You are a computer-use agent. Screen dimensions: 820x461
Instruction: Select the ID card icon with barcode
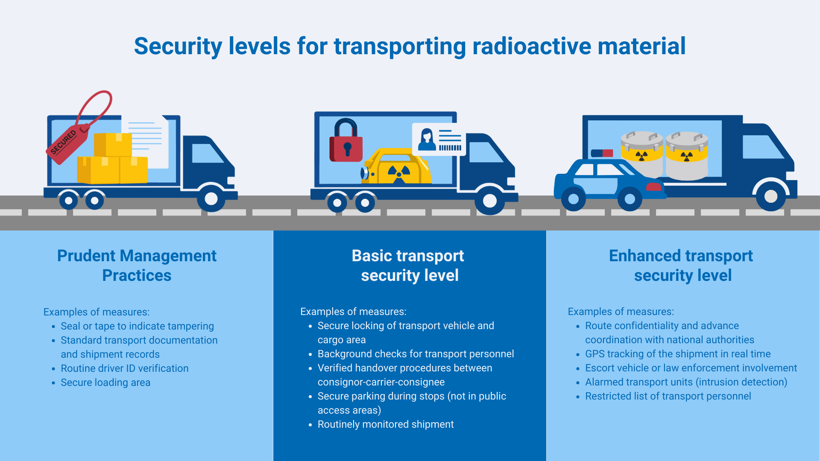439,140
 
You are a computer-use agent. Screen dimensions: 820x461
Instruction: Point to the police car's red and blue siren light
602,153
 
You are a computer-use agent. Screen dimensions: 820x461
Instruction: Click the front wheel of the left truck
211,198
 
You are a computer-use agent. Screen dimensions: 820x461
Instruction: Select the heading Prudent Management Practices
137,266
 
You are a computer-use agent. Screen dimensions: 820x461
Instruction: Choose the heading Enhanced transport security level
682,266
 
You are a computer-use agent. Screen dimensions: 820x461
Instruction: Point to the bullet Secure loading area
105,382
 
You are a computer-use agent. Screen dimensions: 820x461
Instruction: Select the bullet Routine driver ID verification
124,368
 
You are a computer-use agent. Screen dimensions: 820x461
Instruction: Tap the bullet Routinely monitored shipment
386,424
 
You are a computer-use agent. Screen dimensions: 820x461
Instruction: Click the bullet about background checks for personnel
416,354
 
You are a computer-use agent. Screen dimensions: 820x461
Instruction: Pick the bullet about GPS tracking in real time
678,354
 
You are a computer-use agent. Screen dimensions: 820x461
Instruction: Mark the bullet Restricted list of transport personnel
668,396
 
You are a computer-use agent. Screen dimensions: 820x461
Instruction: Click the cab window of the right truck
762,147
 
